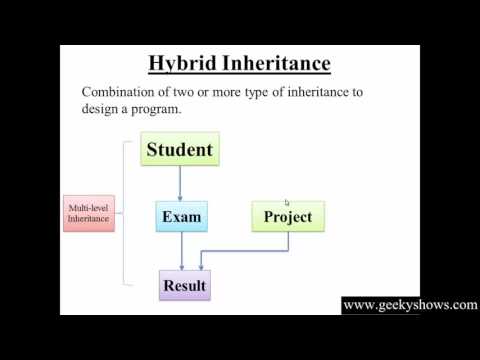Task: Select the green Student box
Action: coord(180,150)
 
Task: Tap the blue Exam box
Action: coord(181,216)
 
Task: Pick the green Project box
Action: coord(288,216)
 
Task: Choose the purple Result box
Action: coord(184,286)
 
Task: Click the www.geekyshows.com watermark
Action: coord(410,305)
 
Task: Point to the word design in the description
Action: coord(103,111)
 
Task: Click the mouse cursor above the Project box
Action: coord(287,202)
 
